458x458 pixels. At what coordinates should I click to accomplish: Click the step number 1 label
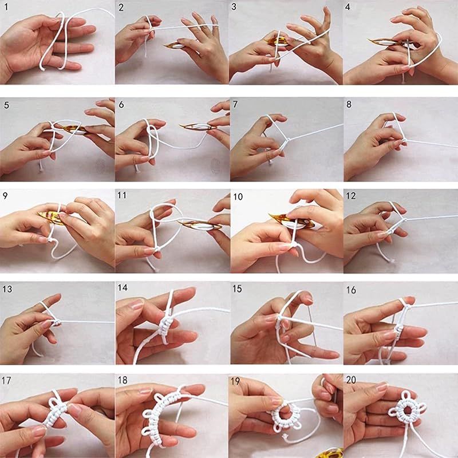pyautogui.click(x=6, y=6)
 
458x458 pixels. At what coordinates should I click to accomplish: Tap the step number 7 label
pyautogui.click(x=235, y=104)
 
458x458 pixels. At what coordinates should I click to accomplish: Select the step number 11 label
pyautogui.click(x=122, y=195)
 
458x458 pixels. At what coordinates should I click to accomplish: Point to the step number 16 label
pyautogui.click(x=351, y=290)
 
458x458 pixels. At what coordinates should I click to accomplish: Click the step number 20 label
pyautogui.click(x=351, y=380)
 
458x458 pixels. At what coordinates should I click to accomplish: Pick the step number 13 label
pyautogui.click(x=7, y=289)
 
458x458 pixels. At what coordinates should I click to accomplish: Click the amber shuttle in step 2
pyautogui.click(x=175, y=45)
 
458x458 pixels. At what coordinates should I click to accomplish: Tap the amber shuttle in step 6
pyautogui.click(x=198, y=126)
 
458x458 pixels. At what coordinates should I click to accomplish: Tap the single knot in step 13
pyautogui.click(x=57, y=322)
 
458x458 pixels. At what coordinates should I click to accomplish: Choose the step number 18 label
pyautogui.click(x=123, y=380)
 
